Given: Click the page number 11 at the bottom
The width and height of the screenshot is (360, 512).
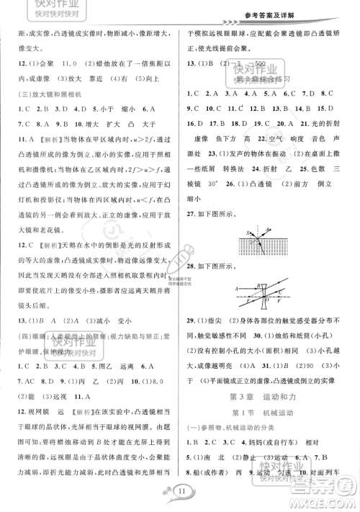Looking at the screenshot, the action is [179, 492].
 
